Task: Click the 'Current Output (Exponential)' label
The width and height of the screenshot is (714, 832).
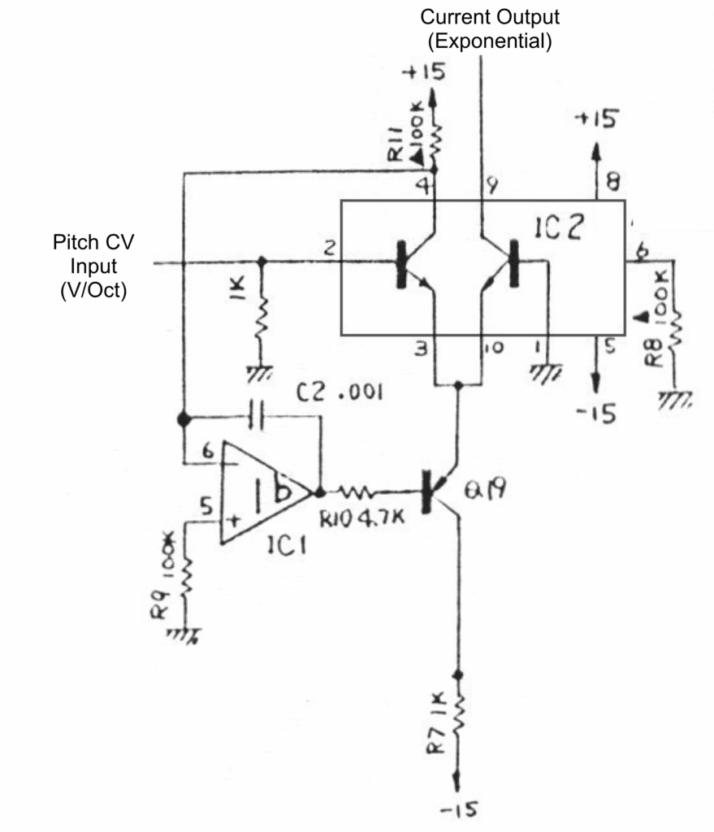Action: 489,29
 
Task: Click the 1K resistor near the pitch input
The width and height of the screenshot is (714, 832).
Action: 261,321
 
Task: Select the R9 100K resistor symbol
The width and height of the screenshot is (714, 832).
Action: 188,578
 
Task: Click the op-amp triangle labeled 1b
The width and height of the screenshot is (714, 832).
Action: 262,492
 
